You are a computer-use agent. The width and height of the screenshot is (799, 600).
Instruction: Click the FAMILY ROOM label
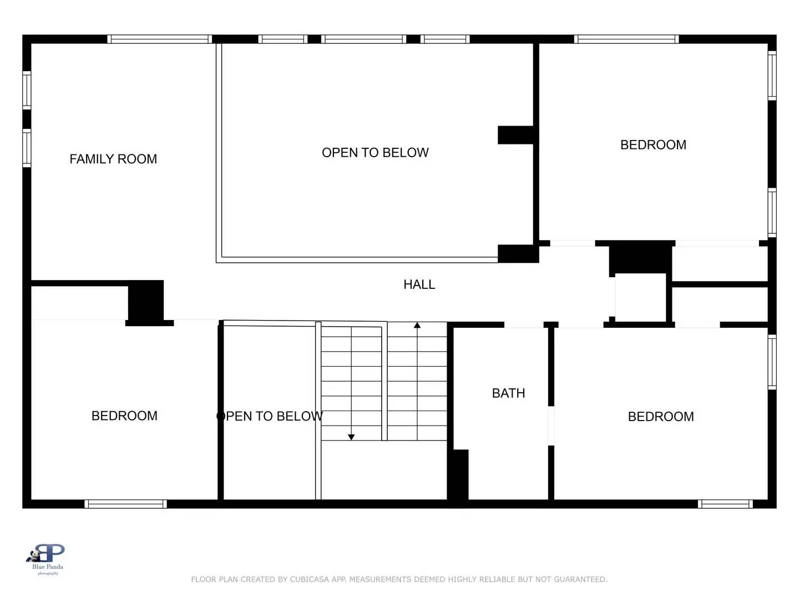coord(113,159)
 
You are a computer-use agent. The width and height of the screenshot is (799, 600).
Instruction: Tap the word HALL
coord(419,284)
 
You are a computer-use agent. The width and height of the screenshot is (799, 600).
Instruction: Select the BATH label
coord(508,393)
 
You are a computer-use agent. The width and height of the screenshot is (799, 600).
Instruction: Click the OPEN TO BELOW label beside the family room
coord(375,153)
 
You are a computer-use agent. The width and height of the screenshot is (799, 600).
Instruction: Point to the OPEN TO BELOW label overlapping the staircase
coord(270,416)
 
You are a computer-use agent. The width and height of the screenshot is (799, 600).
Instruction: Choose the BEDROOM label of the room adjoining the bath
coord(660,417)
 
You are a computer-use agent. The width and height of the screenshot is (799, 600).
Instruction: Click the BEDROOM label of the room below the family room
coord(124,416)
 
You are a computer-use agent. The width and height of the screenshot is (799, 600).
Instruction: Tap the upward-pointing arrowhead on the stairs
coord(417,325)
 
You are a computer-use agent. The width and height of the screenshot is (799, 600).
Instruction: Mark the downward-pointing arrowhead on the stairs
coord(351,437)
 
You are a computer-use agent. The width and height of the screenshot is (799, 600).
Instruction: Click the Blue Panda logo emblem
coord(48,554)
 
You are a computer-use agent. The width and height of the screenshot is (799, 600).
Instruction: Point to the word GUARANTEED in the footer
coord(580,579)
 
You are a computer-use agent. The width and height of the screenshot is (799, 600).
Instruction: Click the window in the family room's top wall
coord(159,39)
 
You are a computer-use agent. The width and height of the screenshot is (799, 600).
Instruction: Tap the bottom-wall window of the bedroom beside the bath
coord(725,504)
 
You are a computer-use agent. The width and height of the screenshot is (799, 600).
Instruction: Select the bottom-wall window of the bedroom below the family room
coord(125,504)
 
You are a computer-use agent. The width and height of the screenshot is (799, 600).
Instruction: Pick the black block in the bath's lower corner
coord(458,475)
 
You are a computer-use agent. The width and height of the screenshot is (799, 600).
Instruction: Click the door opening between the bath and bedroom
coord(551,426)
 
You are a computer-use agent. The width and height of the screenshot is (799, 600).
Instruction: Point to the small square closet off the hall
coord(640,297)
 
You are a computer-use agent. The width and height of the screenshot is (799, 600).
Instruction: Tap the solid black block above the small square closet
coord(640,258)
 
